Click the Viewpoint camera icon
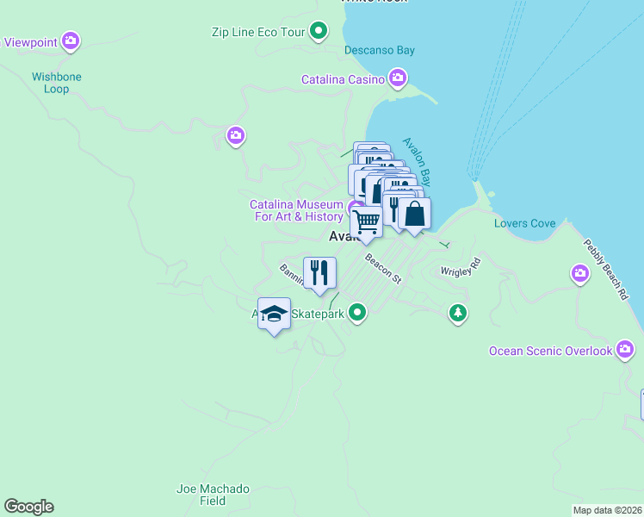tap(71, 40)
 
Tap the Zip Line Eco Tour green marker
tap(319, 33)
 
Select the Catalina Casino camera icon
tap(398, 79)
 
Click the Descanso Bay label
tap(380, 50)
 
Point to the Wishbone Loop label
tap(57, 83)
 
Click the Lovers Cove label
tap(524, 223)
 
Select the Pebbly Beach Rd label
tap(606, 270)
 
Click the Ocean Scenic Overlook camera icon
tap(626, 350)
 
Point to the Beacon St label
tap(383, 268)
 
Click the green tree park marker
tap(458, 313)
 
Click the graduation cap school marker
tap(274, 315)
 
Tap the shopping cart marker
tap(368, 221)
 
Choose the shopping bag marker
tap(414, 214)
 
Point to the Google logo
tap(28, 507)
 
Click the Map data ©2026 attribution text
tap(607, 510)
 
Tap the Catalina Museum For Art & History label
tap(296, 210)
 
